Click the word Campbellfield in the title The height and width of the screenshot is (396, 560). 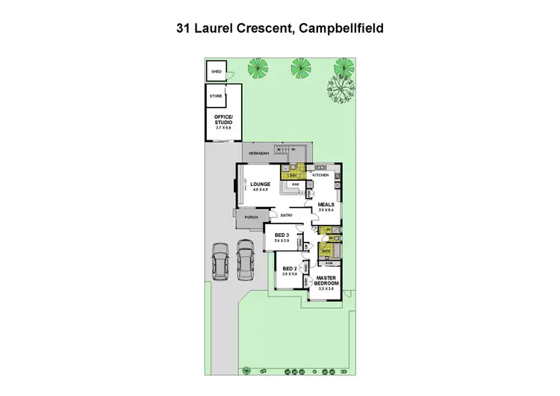coord(342,29)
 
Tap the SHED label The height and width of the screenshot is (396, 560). coord(217,72)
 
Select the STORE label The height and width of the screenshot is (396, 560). coord(216,96)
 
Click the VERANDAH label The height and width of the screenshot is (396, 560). coord(259,153)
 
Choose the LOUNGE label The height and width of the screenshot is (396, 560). coord(260,185)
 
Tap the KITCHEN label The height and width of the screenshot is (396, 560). coord(320,175)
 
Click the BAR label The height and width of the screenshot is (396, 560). coord(295,184)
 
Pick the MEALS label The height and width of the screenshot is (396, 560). coord(326,205)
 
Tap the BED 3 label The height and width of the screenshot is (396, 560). coord(281,235)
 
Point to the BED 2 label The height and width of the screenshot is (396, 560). coord(290,269)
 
